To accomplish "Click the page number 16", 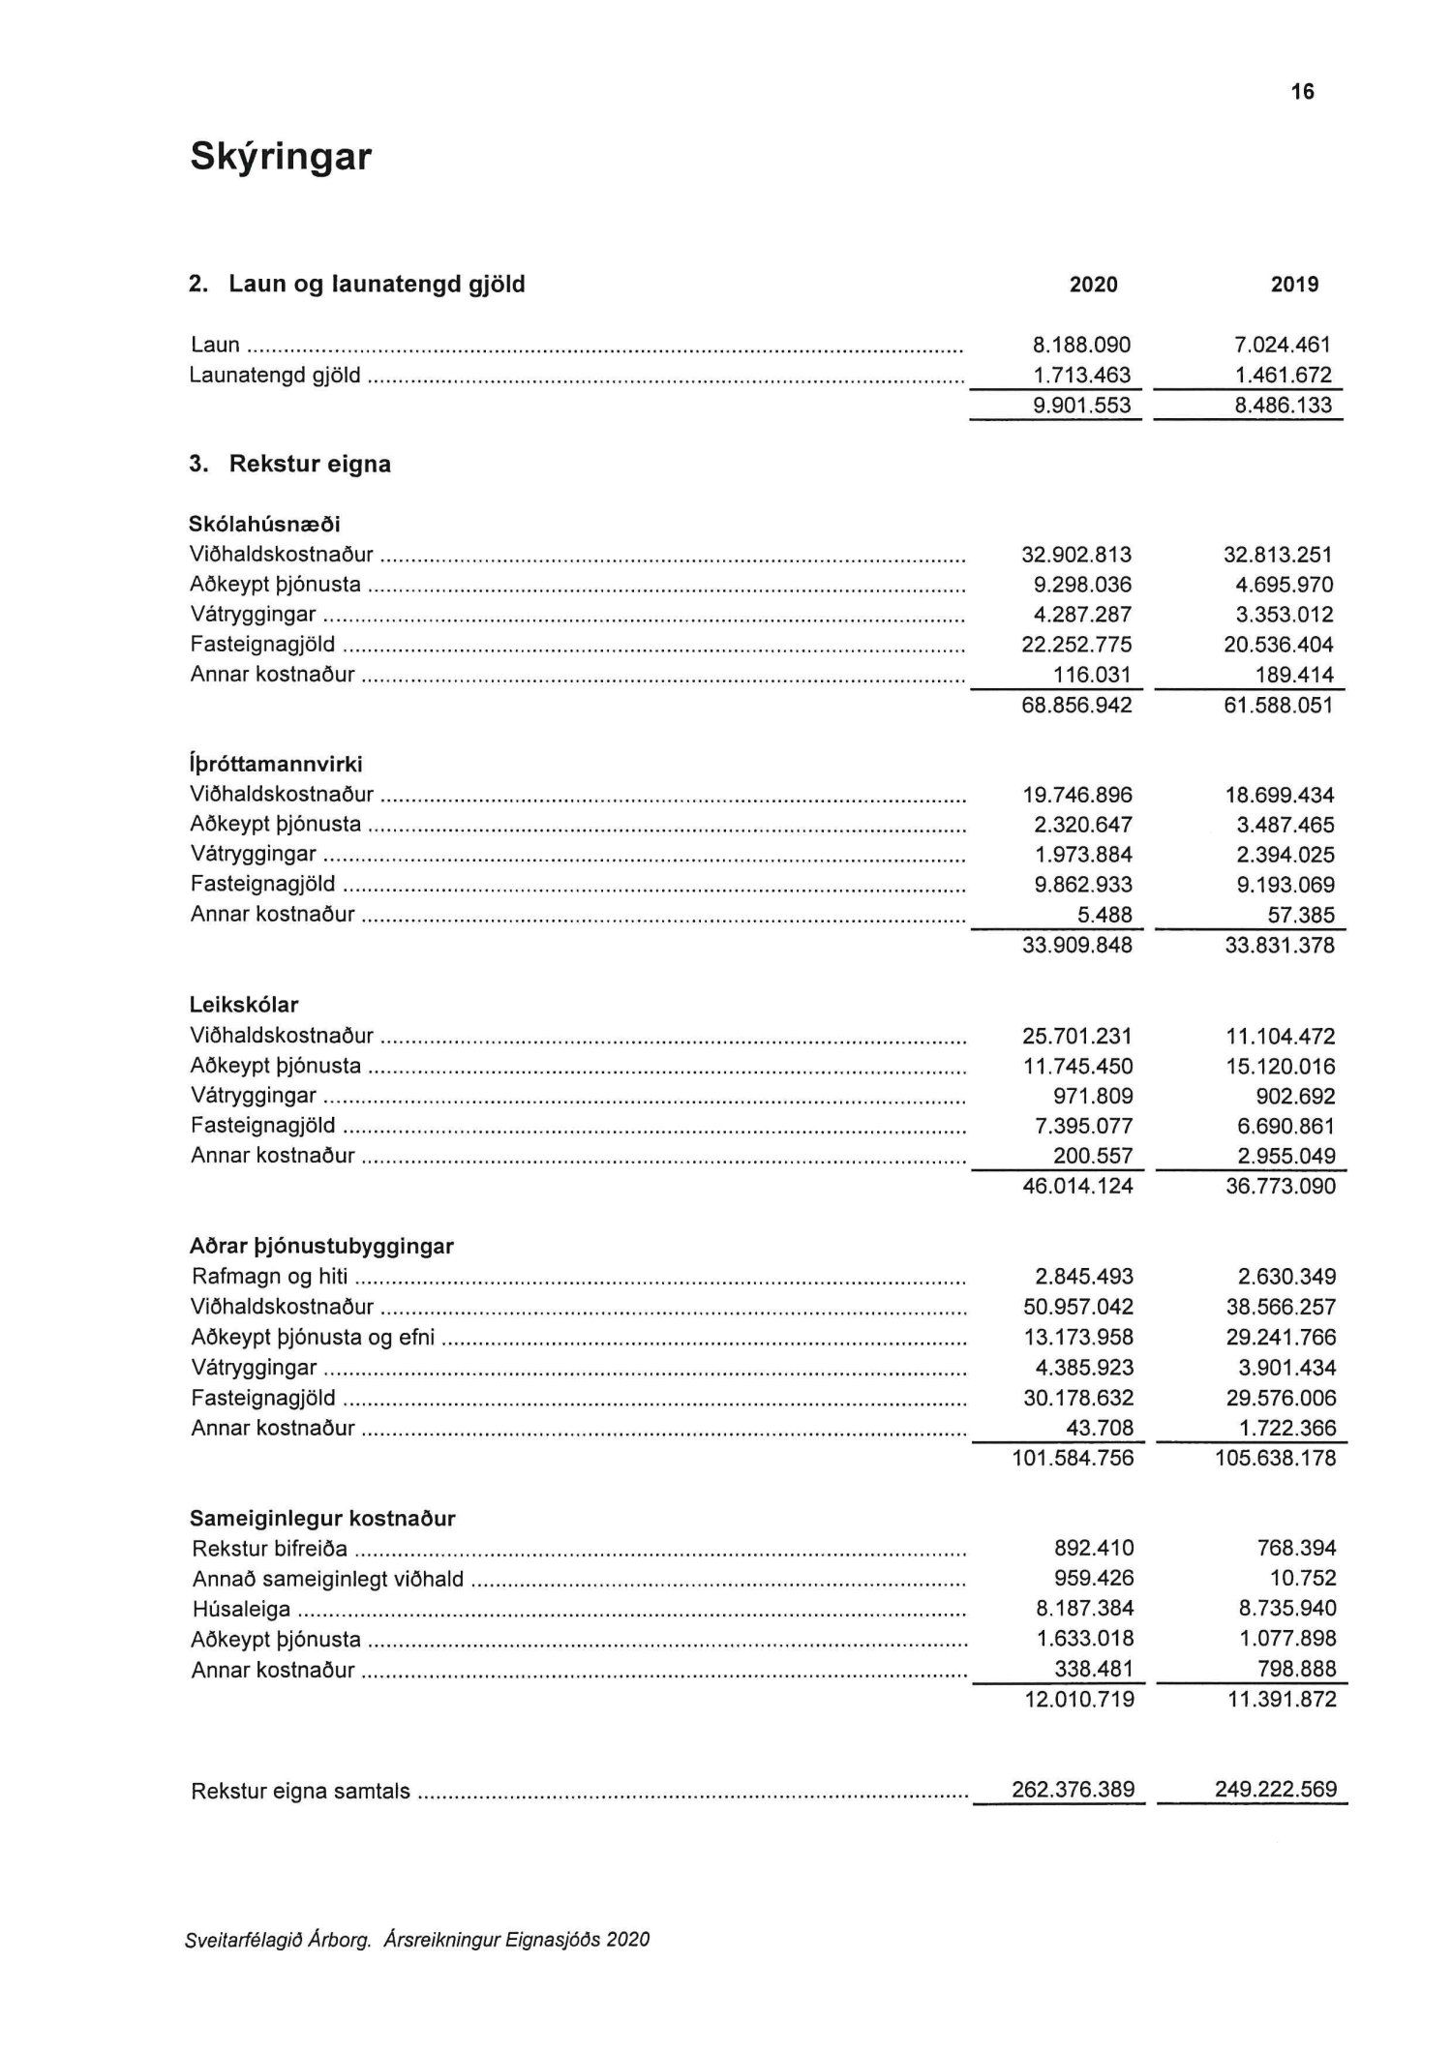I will coord(1302,92).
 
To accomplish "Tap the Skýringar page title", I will coord(281,156).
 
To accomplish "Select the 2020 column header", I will coord(1093,285).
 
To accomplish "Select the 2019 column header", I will coord(1294,285).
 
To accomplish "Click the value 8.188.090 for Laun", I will coord(1081,345).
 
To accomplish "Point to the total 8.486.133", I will coord(1283,405).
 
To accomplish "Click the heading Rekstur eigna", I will coord(309,465).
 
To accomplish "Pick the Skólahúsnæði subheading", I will coord(264,525).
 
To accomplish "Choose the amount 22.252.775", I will coord(1076,645).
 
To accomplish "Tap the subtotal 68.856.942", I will coord(1076,705).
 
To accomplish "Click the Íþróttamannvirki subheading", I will coord(276,765).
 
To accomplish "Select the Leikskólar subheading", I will coord(244,1005).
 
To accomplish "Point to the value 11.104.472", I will coord(1280,1037).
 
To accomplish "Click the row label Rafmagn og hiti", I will coord(269,1277).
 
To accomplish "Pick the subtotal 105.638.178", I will coord(1275,1458).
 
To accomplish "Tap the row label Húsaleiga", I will coord(241,1609).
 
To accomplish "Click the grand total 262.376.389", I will coord(1073,1789).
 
